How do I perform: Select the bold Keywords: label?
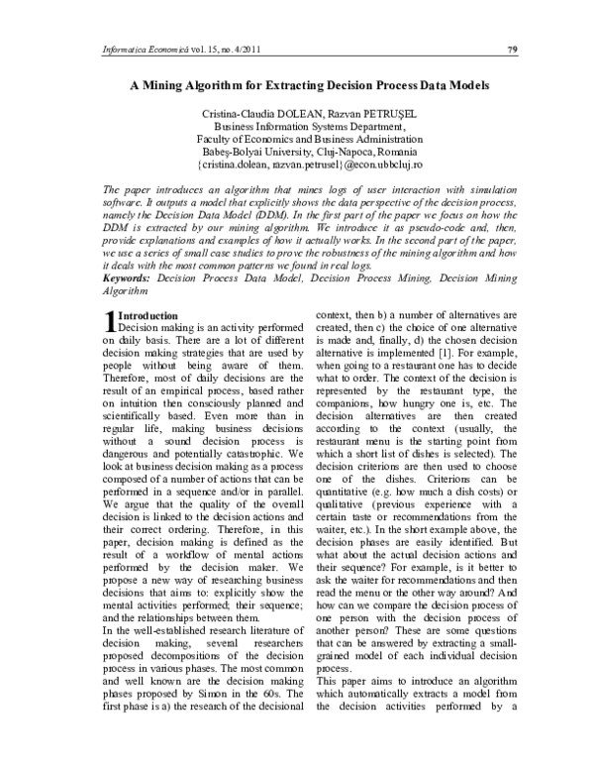point(130,280)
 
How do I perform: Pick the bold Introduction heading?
point(148,314)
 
